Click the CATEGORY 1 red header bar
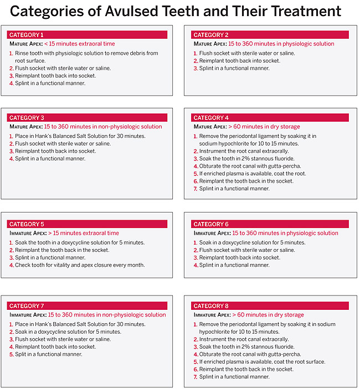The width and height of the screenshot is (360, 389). tap(88, 35)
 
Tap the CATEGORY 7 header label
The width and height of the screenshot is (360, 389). tap(27, 306)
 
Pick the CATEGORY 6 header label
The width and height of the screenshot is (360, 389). tap(210, 224)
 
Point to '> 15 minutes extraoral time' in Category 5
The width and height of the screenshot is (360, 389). tap(84, 233)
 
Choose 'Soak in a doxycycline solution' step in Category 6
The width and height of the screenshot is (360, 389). tap(252, 242)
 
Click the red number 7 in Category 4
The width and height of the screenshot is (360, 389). tap(195, 189)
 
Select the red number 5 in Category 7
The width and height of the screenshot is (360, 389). tap(11, 354)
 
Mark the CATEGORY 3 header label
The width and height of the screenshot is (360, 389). tap(27, 118)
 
